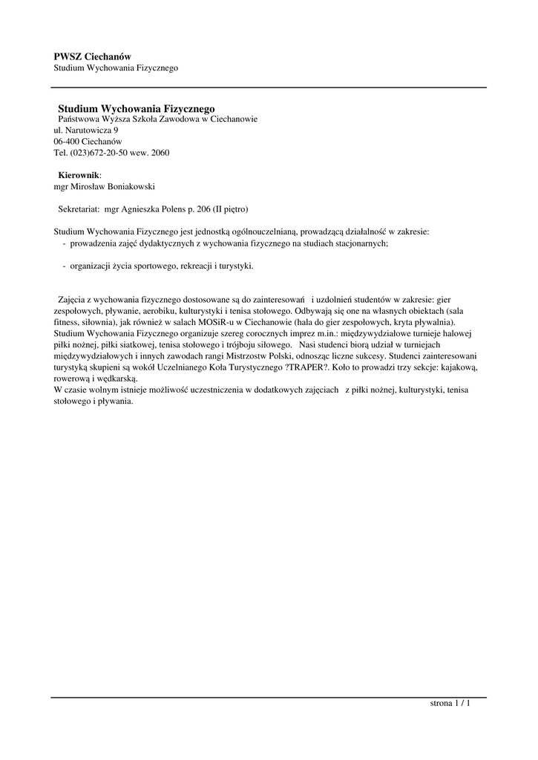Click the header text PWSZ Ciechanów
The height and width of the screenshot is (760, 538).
(92, 56)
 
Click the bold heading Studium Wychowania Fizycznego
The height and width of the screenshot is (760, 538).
(136, 108)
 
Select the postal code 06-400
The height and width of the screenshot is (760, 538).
(66, 141)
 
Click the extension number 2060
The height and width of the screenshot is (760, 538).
(160, 153)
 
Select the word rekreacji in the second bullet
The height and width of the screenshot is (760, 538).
(180, 265)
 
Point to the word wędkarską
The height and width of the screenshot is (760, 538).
(116, 378)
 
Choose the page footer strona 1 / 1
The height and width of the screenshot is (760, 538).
(450, 702)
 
